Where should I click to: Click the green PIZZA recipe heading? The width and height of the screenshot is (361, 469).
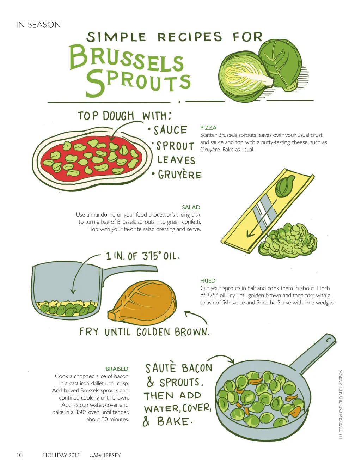[208, 128]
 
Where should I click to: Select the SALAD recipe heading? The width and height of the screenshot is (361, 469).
[191, 207]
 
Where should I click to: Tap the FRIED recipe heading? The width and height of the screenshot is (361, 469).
[208, 281]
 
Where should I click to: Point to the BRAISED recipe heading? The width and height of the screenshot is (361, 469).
[117, 368]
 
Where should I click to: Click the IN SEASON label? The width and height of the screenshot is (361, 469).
[38, 25]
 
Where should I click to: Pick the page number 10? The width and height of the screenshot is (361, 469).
[19, 455]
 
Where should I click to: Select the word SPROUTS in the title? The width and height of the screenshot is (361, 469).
[138, 83]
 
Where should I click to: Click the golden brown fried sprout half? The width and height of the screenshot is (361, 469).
[142, 303]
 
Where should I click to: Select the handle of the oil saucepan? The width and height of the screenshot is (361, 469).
[129, 270]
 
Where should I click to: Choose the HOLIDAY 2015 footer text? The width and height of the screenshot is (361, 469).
[61, 455]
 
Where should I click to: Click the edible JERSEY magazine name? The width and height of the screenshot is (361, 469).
[105, 455]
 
